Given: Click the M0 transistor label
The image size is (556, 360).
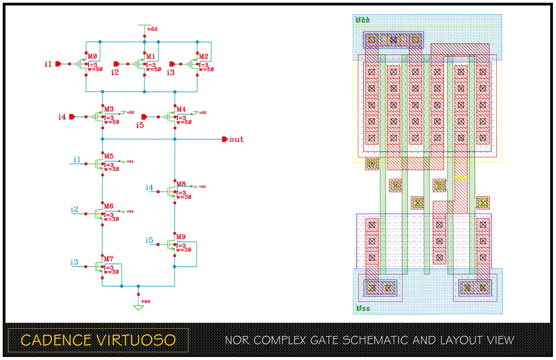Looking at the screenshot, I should [x=92, y=56].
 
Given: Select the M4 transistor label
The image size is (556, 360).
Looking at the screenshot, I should [x=181, y=109].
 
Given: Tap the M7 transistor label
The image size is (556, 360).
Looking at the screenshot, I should [x=108, y=259].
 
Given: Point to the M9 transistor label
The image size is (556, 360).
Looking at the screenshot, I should [x=181, y=237].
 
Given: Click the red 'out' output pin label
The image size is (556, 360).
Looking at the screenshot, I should [x=236, y=139].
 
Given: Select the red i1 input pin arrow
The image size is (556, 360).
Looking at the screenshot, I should [x=58, y=64].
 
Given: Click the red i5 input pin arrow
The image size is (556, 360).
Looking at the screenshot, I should [x=144, y=117].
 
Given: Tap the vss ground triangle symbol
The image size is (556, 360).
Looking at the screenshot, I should [x=138, y=307].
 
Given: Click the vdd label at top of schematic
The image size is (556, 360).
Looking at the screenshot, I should [x=152, y=29].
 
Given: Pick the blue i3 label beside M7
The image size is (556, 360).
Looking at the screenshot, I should [x=74, y=262].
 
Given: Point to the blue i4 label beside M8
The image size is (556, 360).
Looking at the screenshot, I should [x=149, y=187].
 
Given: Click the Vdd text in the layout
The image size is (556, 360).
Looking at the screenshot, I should [x=362, y=20].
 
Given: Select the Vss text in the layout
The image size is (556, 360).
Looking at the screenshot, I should [x=363, y=308].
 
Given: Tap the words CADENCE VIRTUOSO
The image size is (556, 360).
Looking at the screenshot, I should [x=98, y=340].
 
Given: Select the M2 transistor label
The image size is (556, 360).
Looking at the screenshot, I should [x=204, y=56].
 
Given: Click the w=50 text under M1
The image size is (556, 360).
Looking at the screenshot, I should [x=154, y=70].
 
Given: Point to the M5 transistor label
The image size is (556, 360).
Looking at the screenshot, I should [x=109, y=156].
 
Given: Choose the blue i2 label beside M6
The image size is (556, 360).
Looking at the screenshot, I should [x=75, y=209].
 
